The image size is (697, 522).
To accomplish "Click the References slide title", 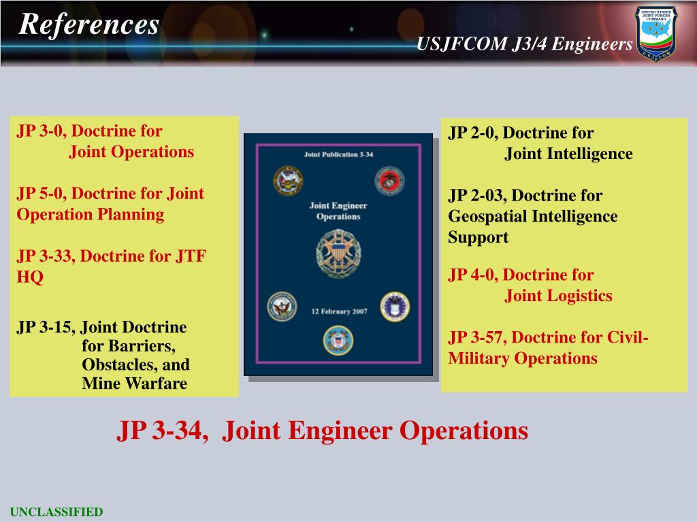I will [x=89, y=25].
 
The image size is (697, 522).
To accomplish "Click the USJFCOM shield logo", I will [x=656, y=33].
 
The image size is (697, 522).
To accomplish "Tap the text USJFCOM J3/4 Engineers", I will [x=524, y=44].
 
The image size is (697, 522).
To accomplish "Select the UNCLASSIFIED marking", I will [x=56, y=512].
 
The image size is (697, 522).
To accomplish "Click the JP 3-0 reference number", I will [x=40, y=130].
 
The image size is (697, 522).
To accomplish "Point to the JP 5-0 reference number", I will [x=40, y=193].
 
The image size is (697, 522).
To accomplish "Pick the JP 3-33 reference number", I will [x=44, y=256].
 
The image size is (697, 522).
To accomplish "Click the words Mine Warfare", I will [x=134, y=383].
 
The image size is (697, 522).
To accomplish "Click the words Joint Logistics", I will [x=558, y=296].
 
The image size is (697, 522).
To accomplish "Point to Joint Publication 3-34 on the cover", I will [x=338, y=155].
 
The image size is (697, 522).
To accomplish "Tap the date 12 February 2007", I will [x=338, y=311].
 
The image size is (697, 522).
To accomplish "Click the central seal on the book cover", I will [x=338, y=252].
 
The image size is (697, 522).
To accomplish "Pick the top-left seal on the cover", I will [x=288, y=181].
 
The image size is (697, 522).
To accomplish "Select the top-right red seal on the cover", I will [x=389, y=181].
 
